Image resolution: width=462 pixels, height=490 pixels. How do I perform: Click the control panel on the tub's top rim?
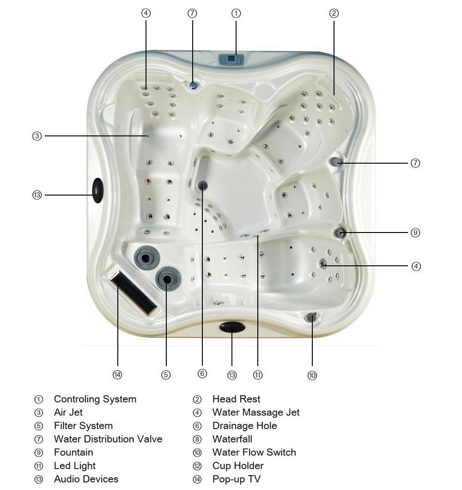click(x=231, y=59)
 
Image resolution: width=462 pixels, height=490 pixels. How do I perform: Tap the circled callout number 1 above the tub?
click(x=236, y=13)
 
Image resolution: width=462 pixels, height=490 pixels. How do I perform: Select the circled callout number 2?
click(x=334, y=13)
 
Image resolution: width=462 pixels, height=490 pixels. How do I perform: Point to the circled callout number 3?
click(x=37, y=136)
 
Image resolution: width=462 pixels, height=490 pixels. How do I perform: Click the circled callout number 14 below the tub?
click(x=117, y=375)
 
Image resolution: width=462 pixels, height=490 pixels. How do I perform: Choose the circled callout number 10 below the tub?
click(x=312, y=375)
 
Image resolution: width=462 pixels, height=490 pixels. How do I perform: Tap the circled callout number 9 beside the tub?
click(x=415, y=233)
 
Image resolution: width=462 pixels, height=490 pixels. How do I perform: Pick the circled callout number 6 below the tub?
click(x=202, y=374)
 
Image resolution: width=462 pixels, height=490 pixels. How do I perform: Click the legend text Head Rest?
click(x=236, y=399)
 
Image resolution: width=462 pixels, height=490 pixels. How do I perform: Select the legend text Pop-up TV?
click(x=236, y=479)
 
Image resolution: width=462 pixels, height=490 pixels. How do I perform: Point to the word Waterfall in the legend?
click(x=232, y=439)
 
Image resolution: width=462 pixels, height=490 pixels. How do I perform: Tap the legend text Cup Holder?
click(x=238, y=465)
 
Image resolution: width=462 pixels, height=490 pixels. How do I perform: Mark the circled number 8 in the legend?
click(x=197, y=439)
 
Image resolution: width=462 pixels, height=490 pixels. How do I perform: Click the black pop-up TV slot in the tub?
click(x=134, y=292)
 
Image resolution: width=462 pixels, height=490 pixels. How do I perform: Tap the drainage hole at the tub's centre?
click(x=202, y=185)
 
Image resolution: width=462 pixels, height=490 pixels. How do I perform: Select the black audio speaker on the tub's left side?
click(x=98, y=190)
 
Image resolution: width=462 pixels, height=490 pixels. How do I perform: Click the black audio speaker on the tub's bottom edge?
click(x=231, y=327)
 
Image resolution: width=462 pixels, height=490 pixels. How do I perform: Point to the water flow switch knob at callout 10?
click(x=311, y=317)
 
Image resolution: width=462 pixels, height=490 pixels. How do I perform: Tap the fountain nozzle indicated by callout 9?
click(x=340, y=233)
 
